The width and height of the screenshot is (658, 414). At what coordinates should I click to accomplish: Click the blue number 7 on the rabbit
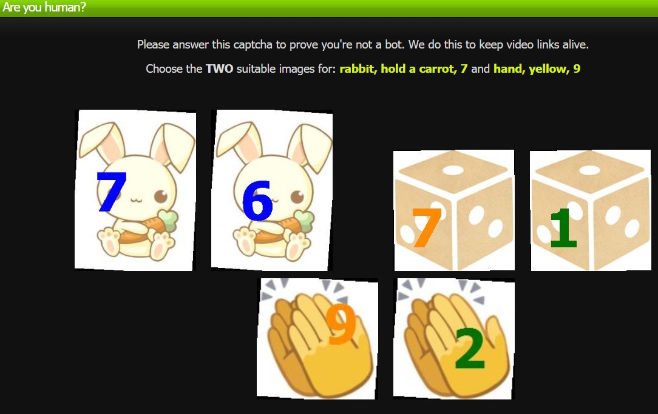(x=111, y=192)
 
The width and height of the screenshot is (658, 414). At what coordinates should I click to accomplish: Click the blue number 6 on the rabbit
(x=257, y=200)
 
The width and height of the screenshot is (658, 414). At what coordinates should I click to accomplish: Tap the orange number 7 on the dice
(x=426, y=227)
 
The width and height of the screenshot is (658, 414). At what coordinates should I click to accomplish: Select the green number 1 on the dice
(x=563, y=228)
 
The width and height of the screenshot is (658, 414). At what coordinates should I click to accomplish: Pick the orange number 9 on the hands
(x=341, y=324)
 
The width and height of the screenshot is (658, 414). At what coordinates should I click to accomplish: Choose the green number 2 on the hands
(x=470, y=348)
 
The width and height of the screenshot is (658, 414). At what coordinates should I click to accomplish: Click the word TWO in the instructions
(x=220, y=68)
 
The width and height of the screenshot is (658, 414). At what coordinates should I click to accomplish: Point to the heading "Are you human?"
(x=44, y=7)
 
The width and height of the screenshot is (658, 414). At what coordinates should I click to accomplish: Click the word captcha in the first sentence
(x=253, y=44)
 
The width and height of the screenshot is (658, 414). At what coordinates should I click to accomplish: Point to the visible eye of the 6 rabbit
(x=297, y=196)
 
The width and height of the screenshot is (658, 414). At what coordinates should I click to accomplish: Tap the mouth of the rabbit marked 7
(x=136, y=199)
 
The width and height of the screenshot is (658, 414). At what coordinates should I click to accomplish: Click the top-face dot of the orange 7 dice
(x=453, y=170)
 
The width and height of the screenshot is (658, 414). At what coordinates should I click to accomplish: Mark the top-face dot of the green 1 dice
(x=589, y=170)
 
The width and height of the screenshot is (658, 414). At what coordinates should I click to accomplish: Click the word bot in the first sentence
(x=393, y=44)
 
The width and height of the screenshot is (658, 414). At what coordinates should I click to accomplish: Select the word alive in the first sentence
(x=575, y=44)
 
